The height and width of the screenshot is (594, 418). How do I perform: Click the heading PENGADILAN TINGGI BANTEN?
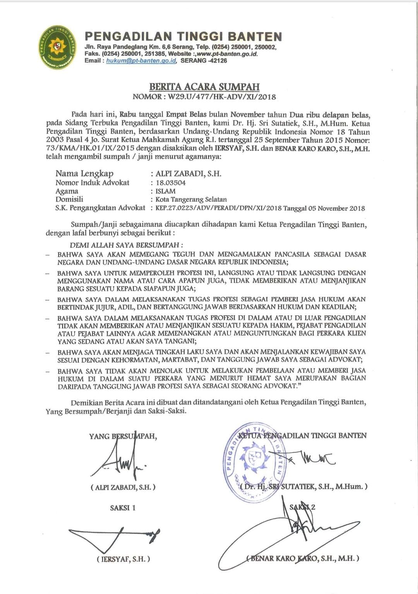[x=183, y=37]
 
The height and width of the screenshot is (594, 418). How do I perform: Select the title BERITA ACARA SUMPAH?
[x=204, y=87]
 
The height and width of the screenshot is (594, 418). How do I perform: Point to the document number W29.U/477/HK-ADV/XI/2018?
[x=222, y=96]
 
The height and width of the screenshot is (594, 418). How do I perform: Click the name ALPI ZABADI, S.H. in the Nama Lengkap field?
[x=188, y=173]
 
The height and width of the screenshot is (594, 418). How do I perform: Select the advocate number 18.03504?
[x=170, y=183]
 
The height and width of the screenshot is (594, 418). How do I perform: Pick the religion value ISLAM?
[x=165, y=191]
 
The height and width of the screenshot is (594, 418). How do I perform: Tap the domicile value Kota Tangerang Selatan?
[x=191, y=200]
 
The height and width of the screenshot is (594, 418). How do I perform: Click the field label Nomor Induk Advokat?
[x=92, y=182]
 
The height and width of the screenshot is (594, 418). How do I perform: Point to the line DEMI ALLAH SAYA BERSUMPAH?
[x=126, y=245]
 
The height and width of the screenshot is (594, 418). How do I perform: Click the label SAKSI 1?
[x=123, y=508]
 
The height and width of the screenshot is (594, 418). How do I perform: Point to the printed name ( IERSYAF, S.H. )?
[x=123, y=559]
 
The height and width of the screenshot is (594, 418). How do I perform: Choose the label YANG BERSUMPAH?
[x=123, y=436]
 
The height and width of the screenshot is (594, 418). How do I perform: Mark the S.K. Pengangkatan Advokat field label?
[x=100, y=208]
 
